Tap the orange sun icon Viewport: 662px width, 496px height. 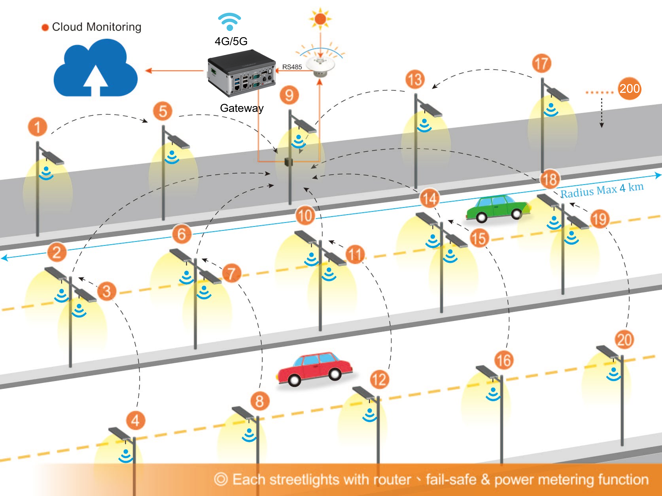tap(320, 19)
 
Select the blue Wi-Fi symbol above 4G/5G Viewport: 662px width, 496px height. tap(230, 22)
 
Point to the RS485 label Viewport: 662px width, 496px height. tap(292, 67)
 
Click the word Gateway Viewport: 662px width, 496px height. tap(242, 108)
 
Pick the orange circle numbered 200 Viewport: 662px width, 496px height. tap(629, 88)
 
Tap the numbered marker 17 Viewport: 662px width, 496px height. tap(541, 64)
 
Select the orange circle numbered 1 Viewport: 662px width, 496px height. tap(38, 127)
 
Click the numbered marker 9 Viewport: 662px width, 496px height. tap(289, 95)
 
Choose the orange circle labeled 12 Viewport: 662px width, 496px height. tap(379, 379)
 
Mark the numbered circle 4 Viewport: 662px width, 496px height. tap(136, 420)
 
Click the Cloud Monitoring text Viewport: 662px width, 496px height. tap(96, 27)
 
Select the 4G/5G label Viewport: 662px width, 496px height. tap(231, 41)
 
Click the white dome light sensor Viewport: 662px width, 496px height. tap(320, 65)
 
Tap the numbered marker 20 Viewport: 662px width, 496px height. tap(625, 340)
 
